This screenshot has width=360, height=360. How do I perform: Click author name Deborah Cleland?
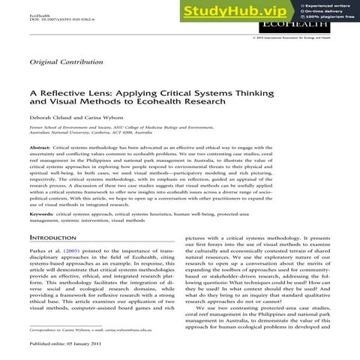[x=54, y=139]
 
